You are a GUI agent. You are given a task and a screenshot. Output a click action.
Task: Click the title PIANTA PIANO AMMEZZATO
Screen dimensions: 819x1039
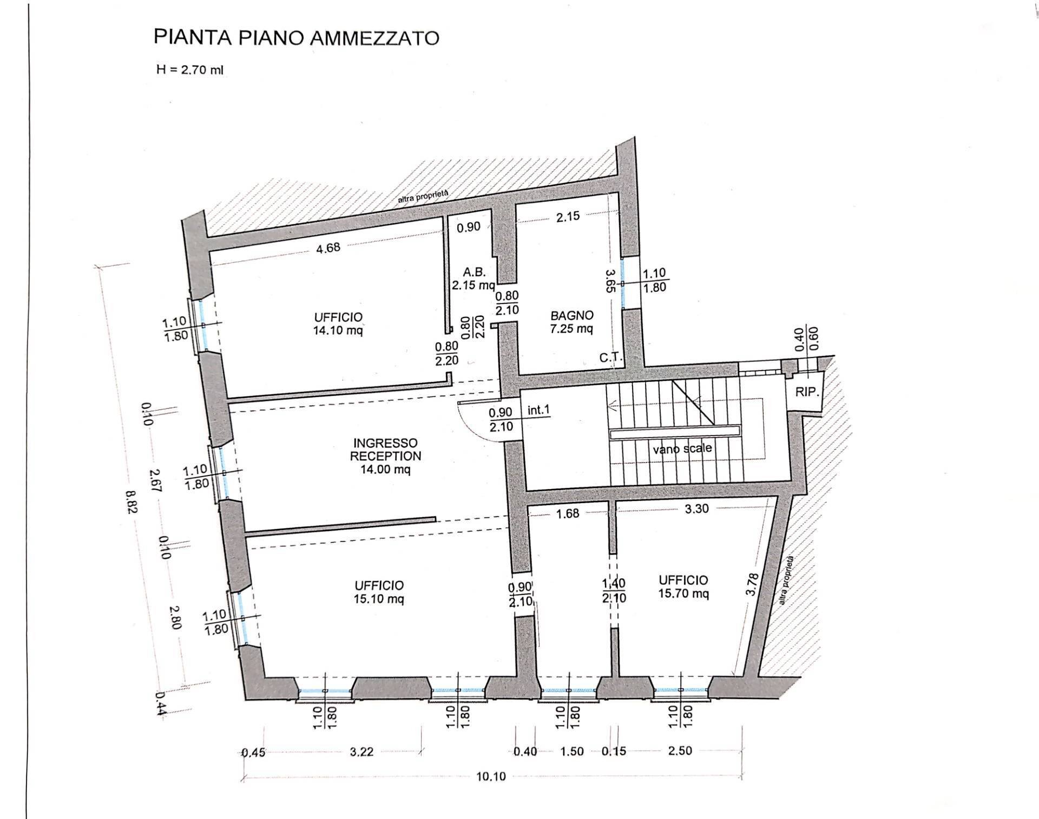click(x=296, y=38)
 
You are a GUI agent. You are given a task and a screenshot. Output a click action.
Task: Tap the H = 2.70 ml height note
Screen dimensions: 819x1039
click(x=189, y=70)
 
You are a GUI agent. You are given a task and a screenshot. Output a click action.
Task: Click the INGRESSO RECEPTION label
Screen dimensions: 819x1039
click(x=385, y=456)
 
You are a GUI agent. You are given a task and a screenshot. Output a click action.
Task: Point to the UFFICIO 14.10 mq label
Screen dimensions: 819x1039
click(x=338, y=323)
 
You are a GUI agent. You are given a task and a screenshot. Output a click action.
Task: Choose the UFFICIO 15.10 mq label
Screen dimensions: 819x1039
click(x=379, y=592)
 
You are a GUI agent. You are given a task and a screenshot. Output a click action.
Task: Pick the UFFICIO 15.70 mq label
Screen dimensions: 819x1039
click(x=683, y=586)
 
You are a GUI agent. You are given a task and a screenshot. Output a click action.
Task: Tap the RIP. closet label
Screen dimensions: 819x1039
click(x=806, y=392)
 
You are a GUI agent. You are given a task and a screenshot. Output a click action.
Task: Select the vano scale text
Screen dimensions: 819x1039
click(x=682, y=448)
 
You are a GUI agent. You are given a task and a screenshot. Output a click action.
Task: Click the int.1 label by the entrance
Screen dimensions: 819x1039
click(x=538, y=410)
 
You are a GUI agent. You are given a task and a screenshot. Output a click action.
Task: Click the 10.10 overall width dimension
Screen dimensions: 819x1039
click(x=491, y=776)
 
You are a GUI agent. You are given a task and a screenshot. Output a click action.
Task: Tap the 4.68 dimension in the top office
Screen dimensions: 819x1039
click(x=328, y=248)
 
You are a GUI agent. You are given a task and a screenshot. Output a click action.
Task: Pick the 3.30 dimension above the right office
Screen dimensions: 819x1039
click(x=696, y=508)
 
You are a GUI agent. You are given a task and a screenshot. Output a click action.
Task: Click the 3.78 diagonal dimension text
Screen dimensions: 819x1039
click(x=751, y=584)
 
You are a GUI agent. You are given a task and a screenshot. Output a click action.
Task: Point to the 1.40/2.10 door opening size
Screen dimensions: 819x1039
click(x=614, y=591)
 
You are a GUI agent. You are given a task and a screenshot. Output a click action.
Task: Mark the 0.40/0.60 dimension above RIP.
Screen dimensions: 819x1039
click(x=806, y=339)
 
